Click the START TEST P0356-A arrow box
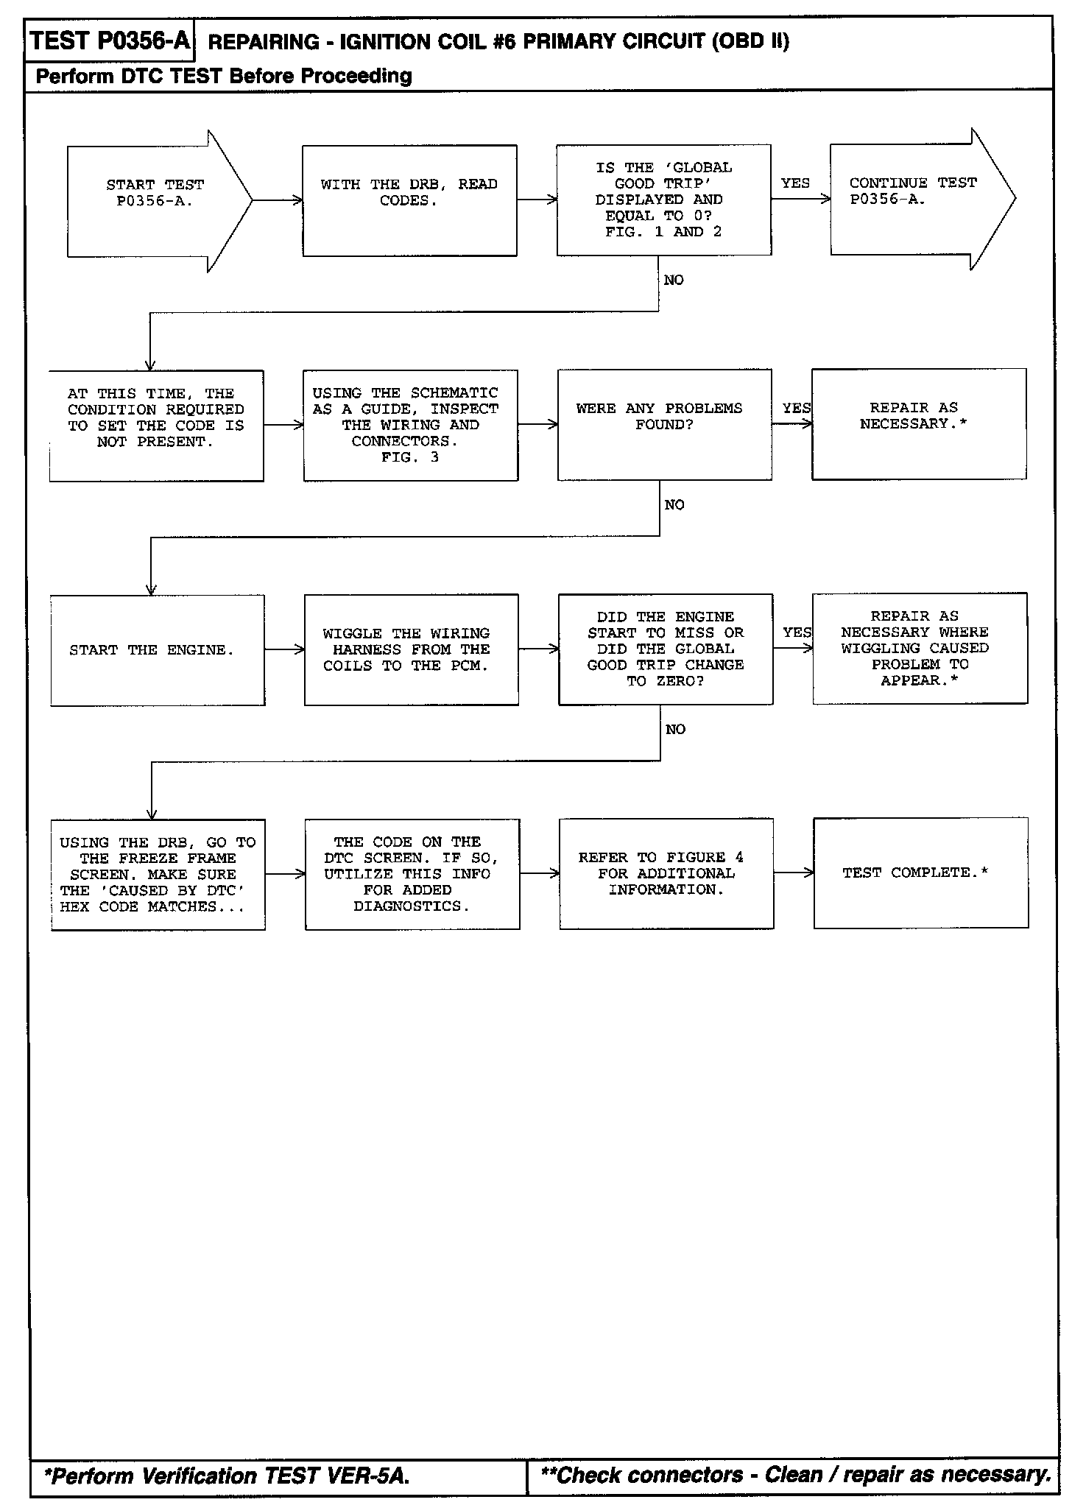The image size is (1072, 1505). [x=155, y=200]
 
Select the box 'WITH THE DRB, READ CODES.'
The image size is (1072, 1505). [x=409, y=200]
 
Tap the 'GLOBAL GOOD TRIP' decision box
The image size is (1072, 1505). [x=663, y=200]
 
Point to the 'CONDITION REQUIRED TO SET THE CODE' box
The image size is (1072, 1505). [x=156, y=426]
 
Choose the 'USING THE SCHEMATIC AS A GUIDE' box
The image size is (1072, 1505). [x=410, y=426]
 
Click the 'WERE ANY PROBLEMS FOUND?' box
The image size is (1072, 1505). [x=664, y=425]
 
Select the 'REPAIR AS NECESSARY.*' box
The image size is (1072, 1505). [x=919, y=424]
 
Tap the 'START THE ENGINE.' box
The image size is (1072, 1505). [x=157, y=650]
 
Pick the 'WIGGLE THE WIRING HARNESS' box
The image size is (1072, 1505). [x=411, y=649]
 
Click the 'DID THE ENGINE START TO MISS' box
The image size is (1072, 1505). [x=666, y=649]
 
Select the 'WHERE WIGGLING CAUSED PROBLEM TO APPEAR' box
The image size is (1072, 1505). [x=920, y=648]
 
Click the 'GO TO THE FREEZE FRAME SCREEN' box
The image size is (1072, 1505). [x=158, y=875]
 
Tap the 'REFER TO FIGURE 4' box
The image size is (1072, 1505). [x=666, y=873]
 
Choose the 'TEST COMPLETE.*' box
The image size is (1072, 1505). [x=920, y=873]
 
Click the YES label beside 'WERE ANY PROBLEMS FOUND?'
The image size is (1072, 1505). [x=796, y=408]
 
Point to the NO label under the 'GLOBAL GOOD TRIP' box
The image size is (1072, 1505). [x=674, y=280]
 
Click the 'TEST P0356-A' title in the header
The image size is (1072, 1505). [x=110, y=41]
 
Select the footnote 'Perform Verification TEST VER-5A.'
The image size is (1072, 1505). [x=227, y=1476]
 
